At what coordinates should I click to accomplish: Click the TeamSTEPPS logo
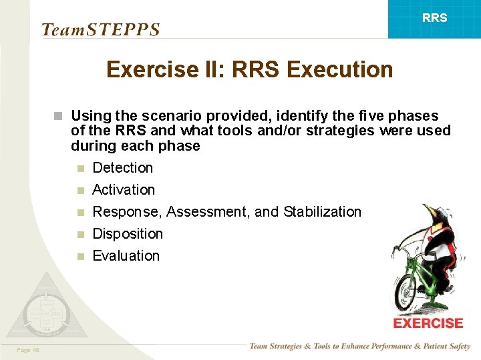100,29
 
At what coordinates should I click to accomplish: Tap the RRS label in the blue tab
435,18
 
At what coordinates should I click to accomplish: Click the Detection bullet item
122,168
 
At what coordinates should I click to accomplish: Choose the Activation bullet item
123,190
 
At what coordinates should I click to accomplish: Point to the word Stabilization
322,212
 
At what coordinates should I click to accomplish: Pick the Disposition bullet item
127,234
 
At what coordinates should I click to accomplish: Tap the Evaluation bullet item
126,256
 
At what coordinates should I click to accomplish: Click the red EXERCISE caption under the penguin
428,323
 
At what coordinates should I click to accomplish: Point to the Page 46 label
28,349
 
